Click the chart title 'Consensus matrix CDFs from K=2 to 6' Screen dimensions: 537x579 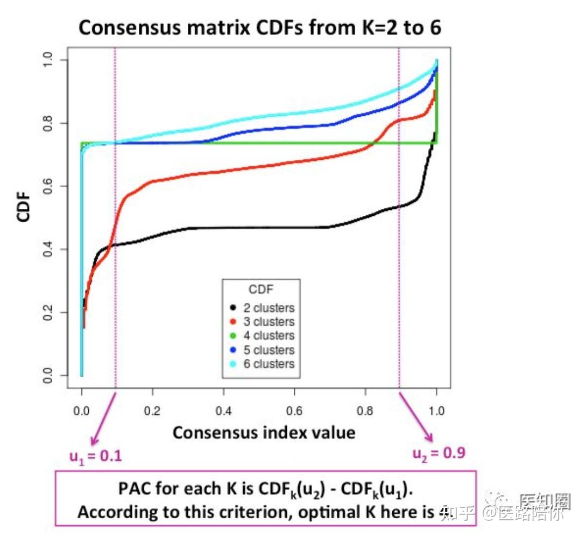tap(259, 27)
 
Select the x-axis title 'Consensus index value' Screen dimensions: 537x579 tap(264, 432)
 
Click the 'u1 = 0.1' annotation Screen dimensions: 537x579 tap(95, 456)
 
